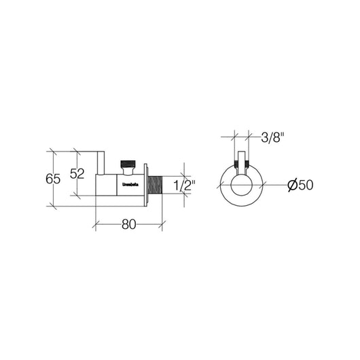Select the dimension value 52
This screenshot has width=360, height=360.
(x=77, y=173)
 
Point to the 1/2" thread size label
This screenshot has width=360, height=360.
(x=184, y=185)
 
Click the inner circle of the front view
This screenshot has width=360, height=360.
(x=241, y=183)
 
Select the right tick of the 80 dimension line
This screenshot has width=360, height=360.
(x=162, y=222)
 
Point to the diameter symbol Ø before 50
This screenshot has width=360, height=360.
(x=291, y=185)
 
